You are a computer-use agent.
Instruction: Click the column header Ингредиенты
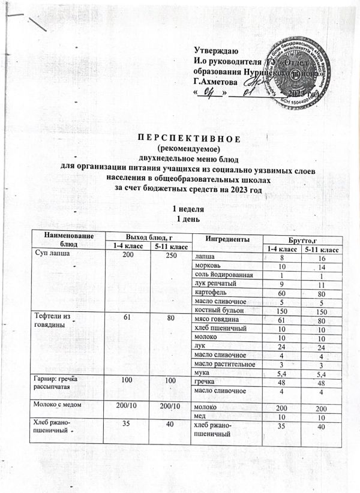pyautogui.click(x=222, y=238)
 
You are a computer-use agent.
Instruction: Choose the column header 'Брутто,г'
pyautogui.click(x=299, y=238)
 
